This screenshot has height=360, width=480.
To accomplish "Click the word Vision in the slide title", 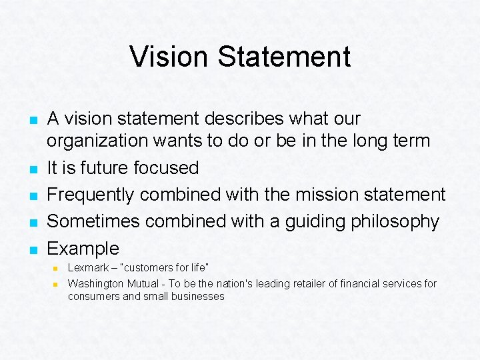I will coord(170,57).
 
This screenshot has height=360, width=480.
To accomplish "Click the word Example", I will coord(83,249).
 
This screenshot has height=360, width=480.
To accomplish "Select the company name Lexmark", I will coord(89,267).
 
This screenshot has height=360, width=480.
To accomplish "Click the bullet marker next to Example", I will coord(33,250).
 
